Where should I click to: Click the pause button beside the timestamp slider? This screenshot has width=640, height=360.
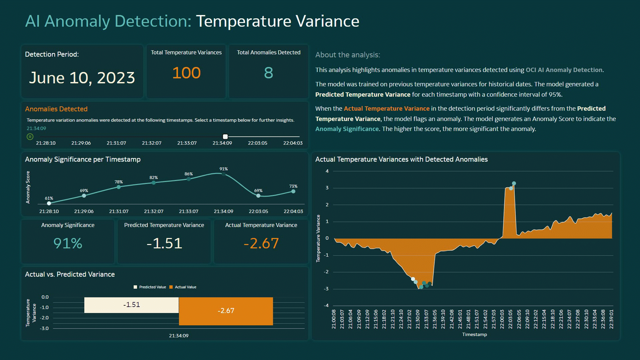point(30,137)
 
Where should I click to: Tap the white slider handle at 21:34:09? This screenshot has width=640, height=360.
point(225,137)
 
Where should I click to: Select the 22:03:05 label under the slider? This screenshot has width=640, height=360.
point(257,143)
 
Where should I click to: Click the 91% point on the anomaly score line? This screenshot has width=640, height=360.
point(223,174)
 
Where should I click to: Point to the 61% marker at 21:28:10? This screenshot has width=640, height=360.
point(49,203)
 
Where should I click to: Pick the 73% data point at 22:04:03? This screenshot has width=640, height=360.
point(293,191)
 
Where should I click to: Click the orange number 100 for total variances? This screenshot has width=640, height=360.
point(186,73)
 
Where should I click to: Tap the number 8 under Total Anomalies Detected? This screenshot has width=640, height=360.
point(268,73)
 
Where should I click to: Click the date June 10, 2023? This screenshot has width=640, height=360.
point(82,78)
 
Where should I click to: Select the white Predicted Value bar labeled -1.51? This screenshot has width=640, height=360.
point(131,305)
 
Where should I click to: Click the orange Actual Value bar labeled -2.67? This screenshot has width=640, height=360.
point(226,311)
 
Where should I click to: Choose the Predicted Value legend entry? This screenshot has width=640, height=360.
point(150,287)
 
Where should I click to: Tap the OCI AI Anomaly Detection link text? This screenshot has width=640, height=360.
point(564,70)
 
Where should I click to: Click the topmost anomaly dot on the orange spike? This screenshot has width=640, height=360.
point(514,183)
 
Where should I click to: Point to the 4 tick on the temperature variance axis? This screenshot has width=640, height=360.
point(327,171)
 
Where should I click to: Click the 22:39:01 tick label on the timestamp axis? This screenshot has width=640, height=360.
point(611,319)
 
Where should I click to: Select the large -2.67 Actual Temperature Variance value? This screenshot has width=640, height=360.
point(261,243)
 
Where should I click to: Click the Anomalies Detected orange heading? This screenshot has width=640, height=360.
point(56,109)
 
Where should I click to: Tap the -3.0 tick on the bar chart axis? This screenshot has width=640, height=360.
point(45,328)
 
